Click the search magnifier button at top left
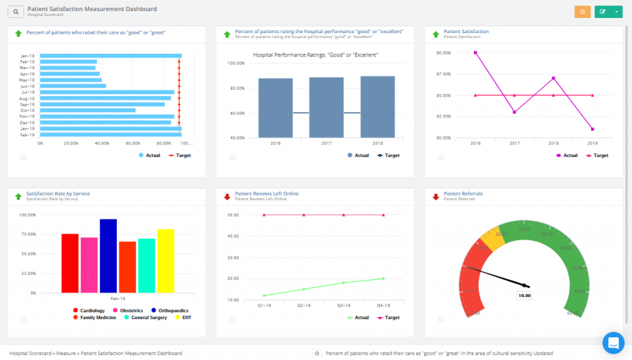coord(15,12)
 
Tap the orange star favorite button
coord(582,12)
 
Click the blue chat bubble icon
coord(613,342)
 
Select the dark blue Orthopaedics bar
coord(108,256)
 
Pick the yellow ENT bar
coord(166,260)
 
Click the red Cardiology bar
coord(70,263)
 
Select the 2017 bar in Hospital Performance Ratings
coord(326,107)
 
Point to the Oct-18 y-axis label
coord(28,111)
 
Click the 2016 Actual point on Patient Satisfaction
coord(475,53)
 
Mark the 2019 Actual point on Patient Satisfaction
coord(593,129)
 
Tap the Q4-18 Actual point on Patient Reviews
coord(383,278)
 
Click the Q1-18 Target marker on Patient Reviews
coord(264,215)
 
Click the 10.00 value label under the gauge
coord(524,296)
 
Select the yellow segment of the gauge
coord(492,237)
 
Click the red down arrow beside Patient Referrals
coord(435,196)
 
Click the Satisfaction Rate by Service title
coord(58,193)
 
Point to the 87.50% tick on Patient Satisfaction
coord(443,74)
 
